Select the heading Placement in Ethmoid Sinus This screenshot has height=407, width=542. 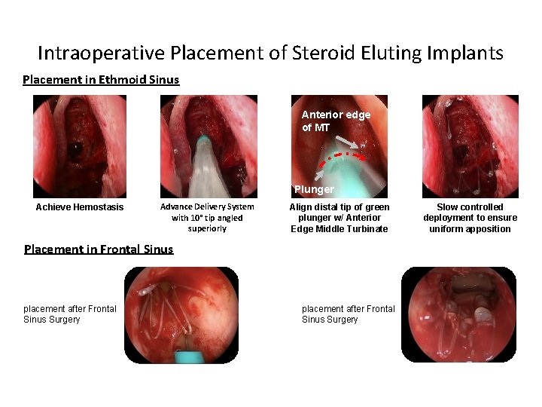click(101, 79)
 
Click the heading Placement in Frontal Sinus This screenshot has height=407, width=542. click(99, 249)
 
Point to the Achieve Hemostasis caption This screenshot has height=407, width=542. click(80, 207)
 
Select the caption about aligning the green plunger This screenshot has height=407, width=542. click(340, 218)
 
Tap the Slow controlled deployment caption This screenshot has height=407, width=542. click(470, 218)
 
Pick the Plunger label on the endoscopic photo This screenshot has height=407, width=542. click(314, 189)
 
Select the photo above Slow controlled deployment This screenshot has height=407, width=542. click(470, 146)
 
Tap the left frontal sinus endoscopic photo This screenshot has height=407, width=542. click(181, 314)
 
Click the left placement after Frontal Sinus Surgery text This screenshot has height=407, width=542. click(71, 314)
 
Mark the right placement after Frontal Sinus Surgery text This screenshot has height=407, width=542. click(349, 314)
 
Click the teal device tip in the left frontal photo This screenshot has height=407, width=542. click(184, 353)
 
